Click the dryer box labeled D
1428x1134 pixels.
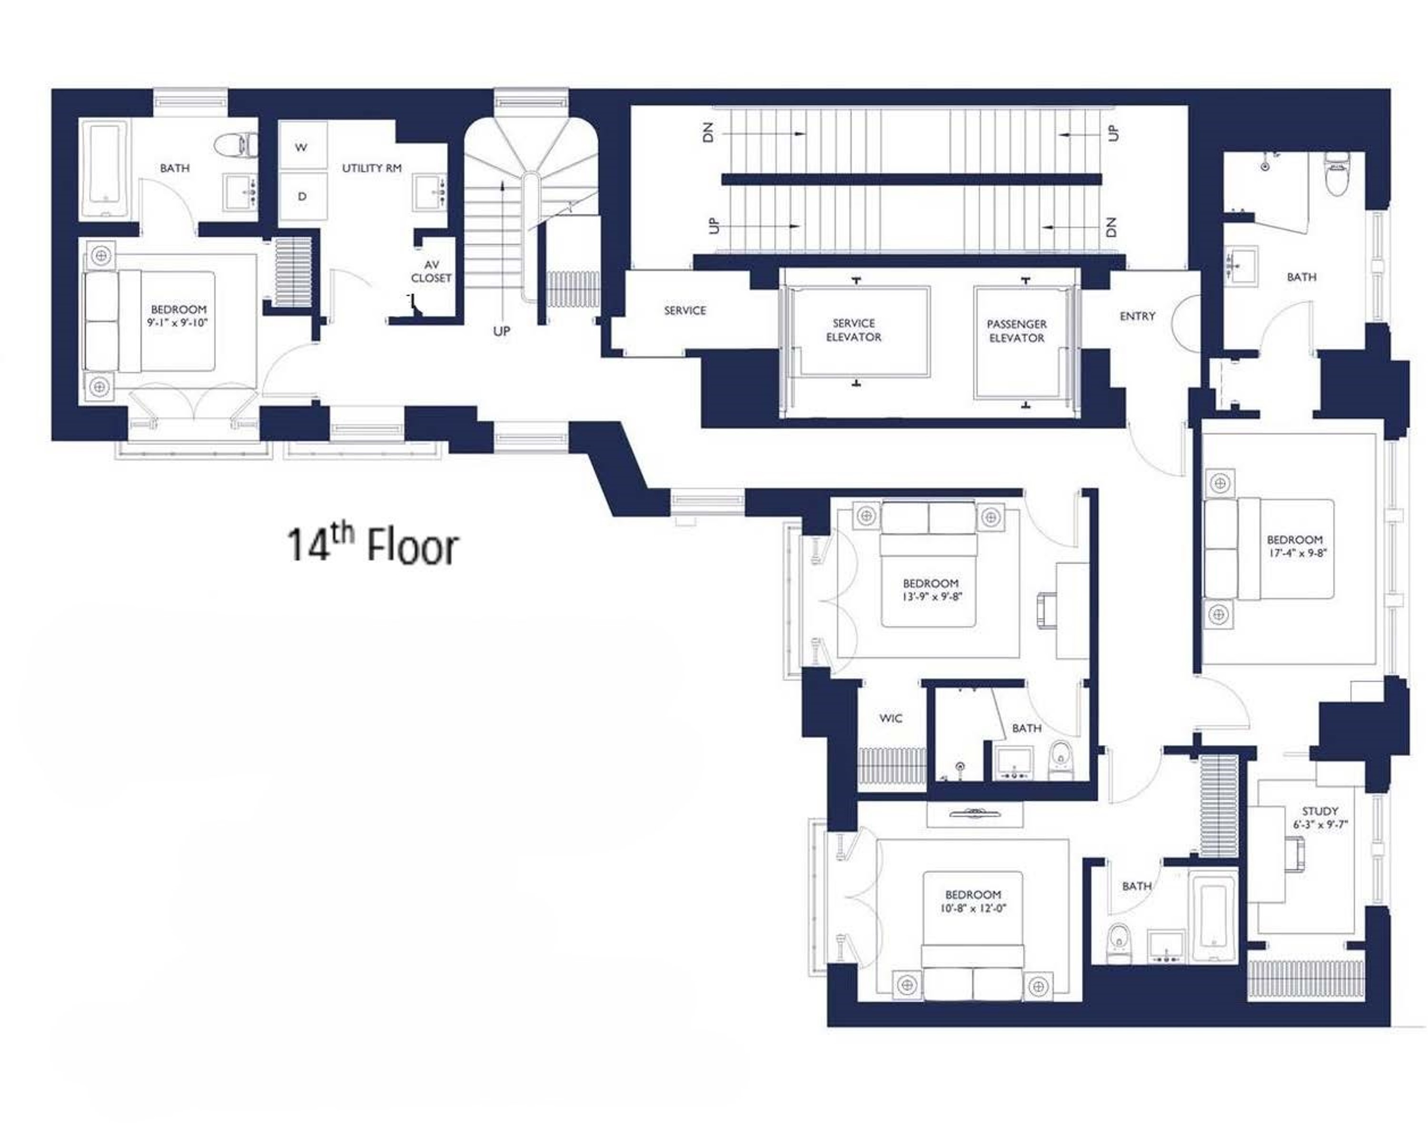click(302, 196)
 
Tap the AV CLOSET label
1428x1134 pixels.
click(431, 272)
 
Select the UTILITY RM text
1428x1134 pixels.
click(372, 168)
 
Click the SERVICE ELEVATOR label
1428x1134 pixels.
click(854, 330)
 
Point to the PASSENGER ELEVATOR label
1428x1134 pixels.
click(1017, 330)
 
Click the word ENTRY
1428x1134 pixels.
click(1137, 316)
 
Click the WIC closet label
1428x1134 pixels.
click(890, 718)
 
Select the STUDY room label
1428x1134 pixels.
click(1320, 811)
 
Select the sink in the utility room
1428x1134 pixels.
click(430, 192)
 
